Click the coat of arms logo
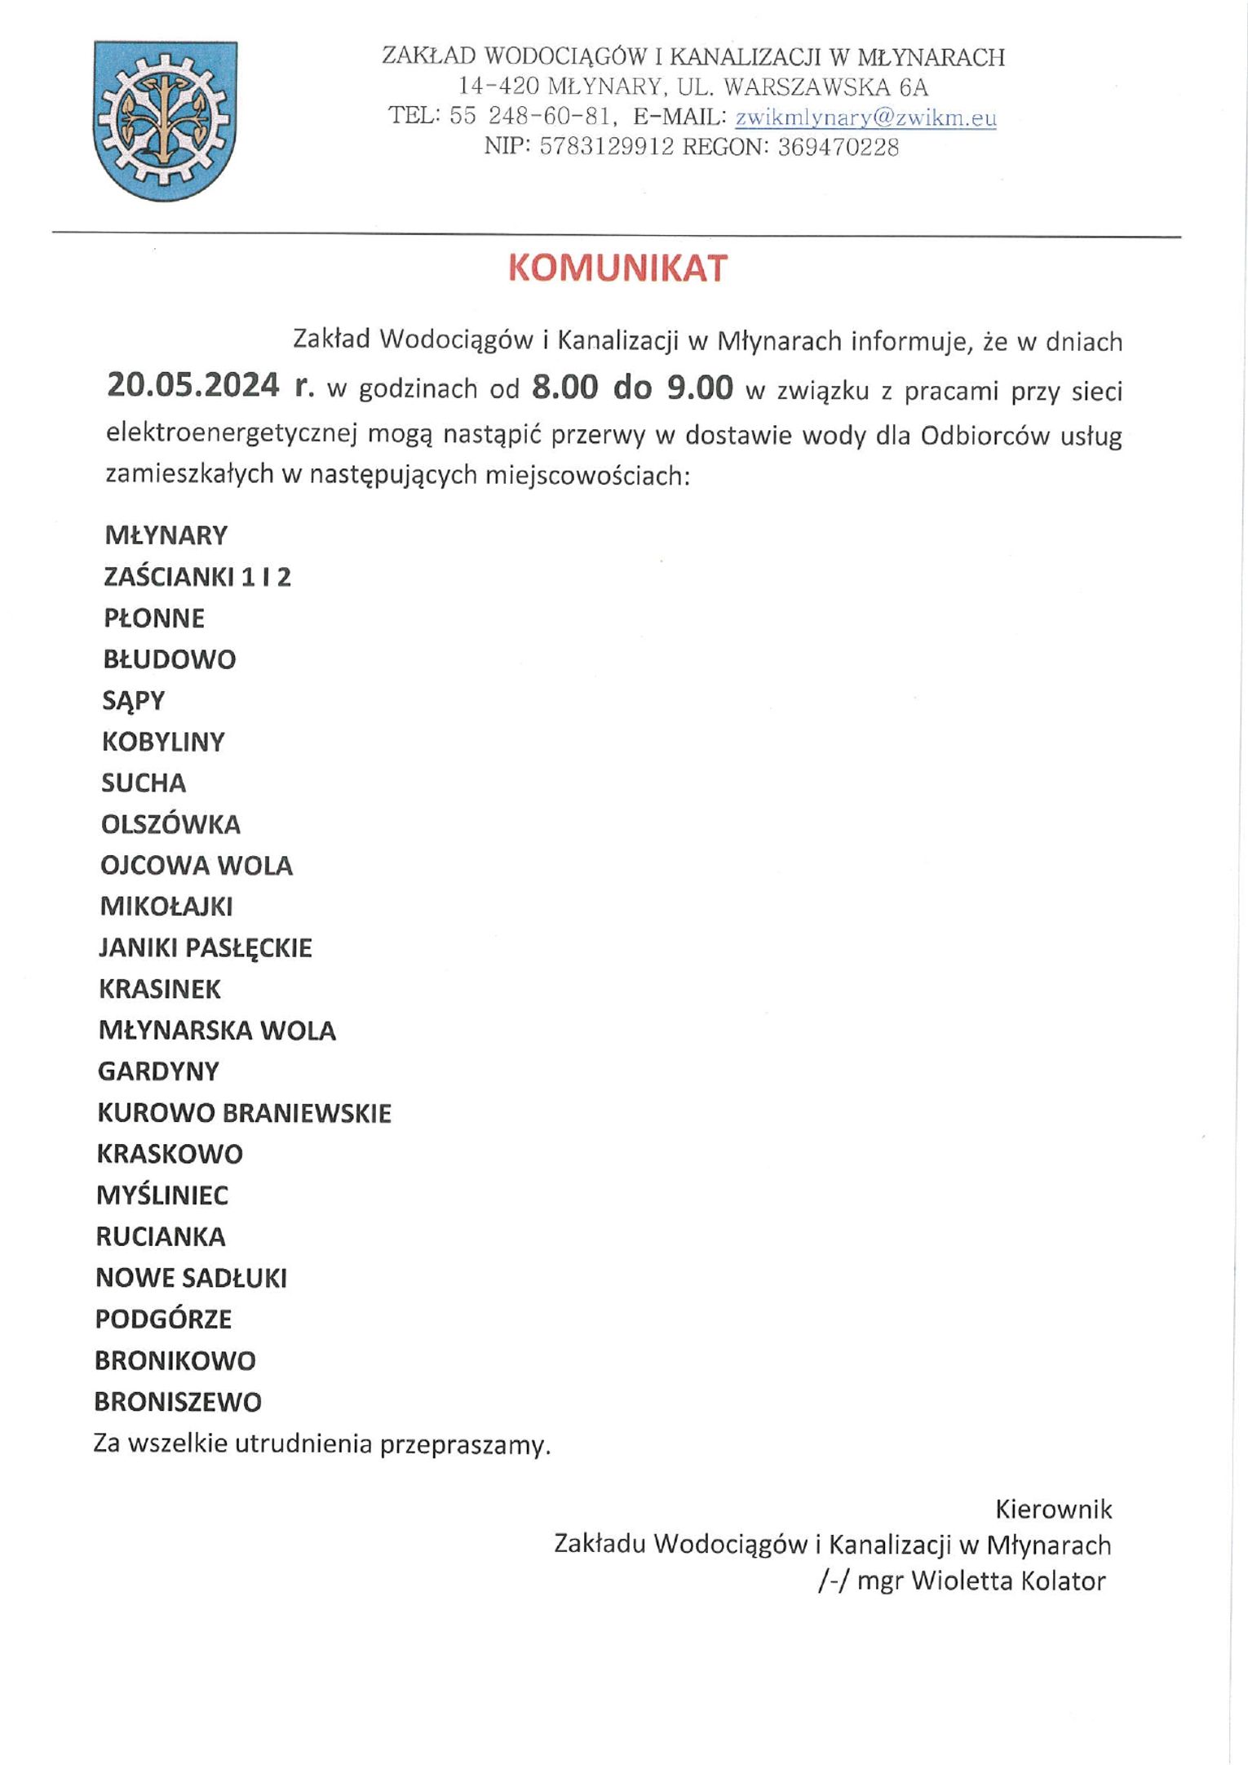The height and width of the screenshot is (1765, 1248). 166,121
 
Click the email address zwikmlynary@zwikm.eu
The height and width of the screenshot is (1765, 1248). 865,118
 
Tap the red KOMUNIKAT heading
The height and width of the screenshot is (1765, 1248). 617,268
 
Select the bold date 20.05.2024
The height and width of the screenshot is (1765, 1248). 193,385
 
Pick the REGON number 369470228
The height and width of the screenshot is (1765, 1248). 839,148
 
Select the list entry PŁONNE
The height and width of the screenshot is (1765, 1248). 154,619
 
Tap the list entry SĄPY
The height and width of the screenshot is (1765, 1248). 134,701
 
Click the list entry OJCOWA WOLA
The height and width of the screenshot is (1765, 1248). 196,866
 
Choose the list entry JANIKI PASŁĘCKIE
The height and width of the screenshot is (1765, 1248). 206,948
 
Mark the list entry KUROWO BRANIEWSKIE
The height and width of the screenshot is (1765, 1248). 245,1113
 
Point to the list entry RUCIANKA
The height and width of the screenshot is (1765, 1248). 161,1237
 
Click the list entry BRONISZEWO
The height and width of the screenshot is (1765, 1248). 178,1402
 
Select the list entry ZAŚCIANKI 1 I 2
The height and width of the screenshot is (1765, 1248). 197,578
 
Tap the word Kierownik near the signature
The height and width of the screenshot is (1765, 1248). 1053,1510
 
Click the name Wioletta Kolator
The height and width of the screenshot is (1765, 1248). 1008,1581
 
